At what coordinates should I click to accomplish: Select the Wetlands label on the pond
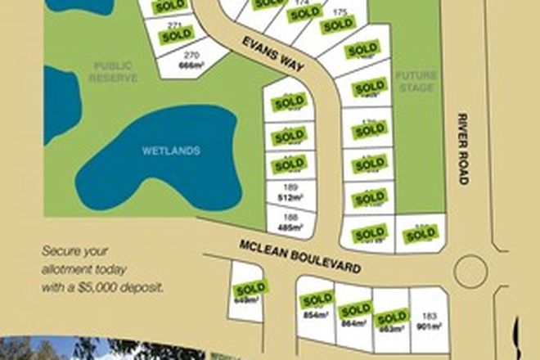click(171, 151)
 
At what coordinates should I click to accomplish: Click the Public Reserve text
click(115, 71)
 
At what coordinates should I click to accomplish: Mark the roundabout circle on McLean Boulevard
click(470, 271)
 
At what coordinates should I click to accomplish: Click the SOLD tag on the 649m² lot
click(250, 289)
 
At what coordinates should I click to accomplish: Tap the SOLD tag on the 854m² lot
click(317, 299)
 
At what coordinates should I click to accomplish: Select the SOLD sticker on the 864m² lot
click(356, 310)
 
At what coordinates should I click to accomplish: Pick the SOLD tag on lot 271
click(177, 36)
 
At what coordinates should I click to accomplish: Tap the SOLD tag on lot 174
click(305, 13)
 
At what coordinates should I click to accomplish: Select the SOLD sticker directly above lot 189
click(289, 164)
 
